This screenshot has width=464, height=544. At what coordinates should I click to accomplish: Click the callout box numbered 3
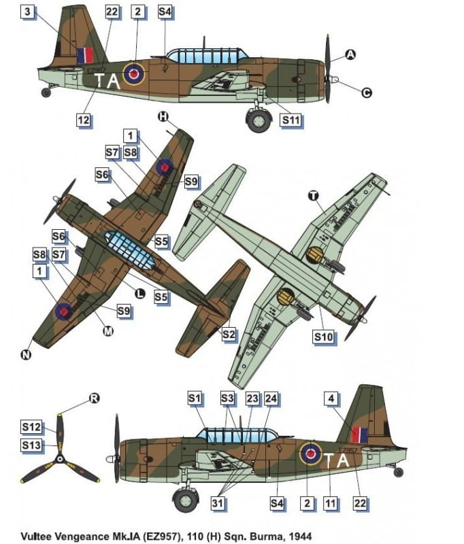click(x=28, y=12)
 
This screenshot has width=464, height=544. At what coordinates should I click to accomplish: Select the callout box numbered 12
click(x=83, y=120)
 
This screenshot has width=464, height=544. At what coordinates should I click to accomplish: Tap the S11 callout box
click(x=291, y=120)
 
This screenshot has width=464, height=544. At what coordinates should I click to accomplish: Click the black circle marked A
click(x=350, y=54)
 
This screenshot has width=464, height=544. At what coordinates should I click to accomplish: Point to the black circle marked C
click(x=366, y=92)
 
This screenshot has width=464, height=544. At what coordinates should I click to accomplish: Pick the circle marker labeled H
click(x=163, y=116)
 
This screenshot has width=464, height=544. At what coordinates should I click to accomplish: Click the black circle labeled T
click(x=314, y=196)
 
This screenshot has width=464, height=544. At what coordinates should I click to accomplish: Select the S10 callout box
click(x=323, y=337)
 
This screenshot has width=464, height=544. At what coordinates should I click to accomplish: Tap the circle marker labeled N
click(x=26, y=354)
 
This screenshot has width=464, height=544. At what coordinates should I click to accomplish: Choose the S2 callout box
click(x=229, y=335)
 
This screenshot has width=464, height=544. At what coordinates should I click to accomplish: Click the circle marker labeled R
click(x=94, y=398)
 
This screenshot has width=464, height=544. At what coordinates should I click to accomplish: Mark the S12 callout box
click(x=31, y=427)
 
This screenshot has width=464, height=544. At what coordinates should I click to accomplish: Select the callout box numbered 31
click(x=218, y=503)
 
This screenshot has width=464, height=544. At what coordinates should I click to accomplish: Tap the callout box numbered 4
click(x=331, y=398)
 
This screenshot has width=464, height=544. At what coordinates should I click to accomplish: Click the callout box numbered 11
click(x=330, y=503)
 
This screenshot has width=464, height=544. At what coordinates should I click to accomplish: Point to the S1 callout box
click(x=195, y=398)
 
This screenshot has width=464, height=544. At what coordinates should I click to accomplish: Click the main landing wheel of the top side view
click(x=259, y=120)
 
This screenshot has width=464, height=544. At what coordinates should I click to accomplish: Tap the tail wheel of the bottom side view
click(x=399, y=472)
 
